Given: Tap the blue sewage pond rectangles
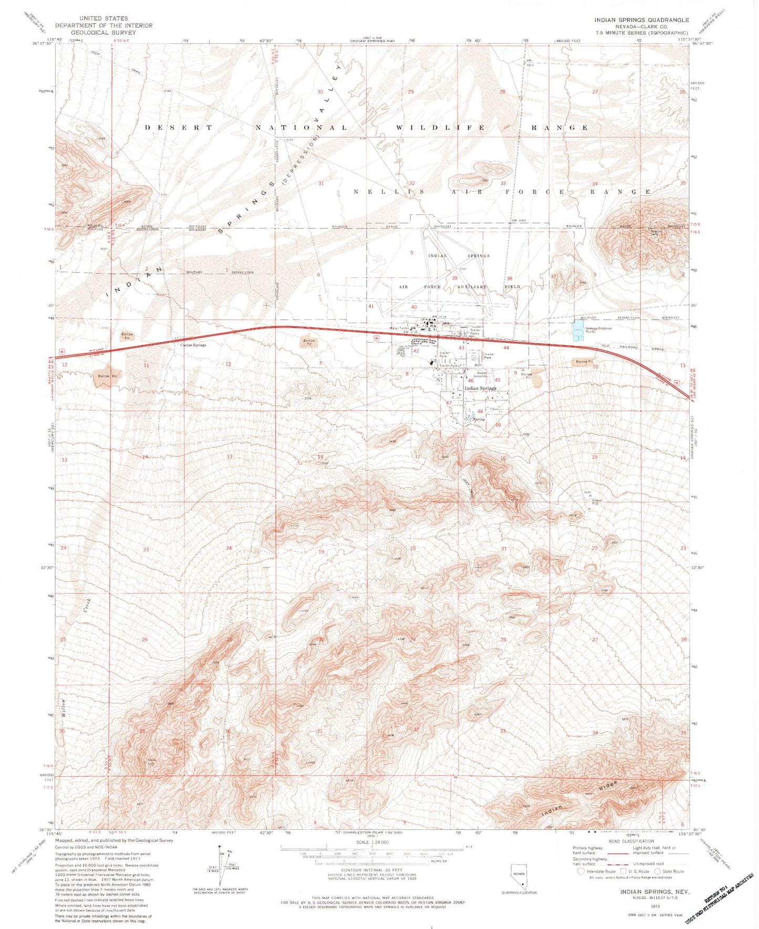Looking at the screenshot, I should click(578, 330).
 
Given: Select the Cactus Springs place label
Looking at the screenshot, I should click(193, 345).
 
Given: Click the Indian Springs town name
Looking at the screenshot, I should click(480, 389).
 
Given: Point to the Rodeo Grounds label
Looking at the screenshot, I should click(481, 374).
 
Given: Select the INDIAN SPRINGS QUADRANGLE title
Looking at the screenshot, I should click(641, 19).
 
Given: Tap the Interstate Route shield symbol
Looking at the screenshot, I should click(580, 871).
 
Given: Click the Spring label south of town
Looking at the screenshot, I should click(479, 420).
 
